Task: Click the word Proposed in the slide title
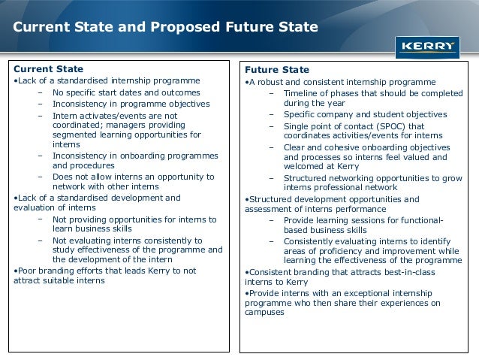pos(179,28)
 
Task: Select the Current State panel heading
pos(49,69)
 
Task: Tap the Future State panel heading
pos(271,70)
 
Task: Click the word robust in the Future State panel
pos(272,82)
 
